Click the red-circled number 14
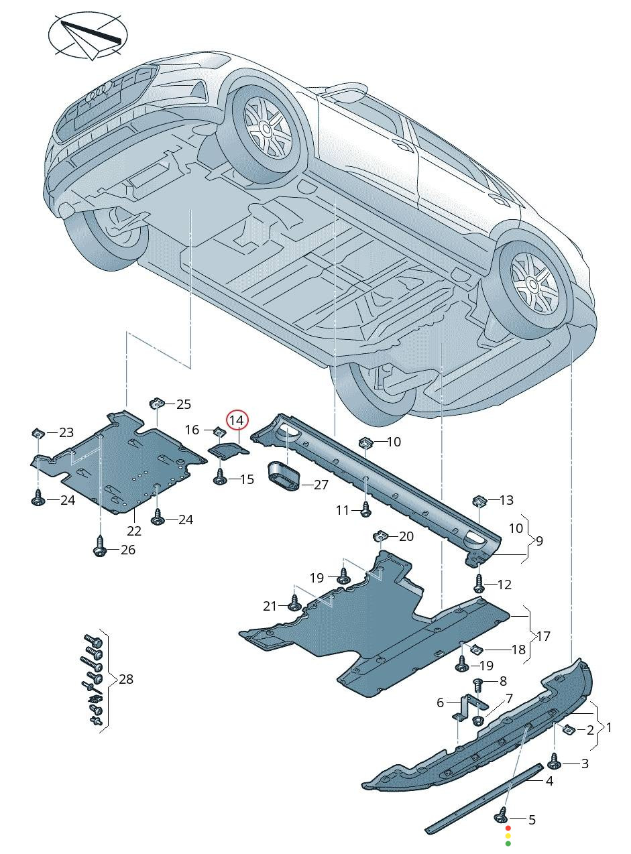click(237, 420)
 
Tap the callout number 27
click(321, 485)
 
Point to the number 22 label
click(134, 531)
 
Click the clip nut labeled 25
click(156, 404)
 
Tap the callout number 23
click(66, 432)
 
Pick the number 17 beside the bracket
click(543, 635)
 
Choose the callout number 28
click(125, 679)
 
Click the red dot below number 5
click(508, 829)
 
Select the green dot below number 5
click(508, 845)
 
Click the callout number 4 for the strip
click(549, 781)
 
